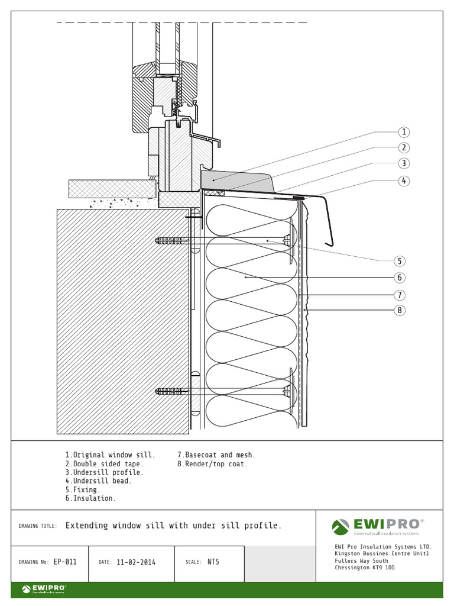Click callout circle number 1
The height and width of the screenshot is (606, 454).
pos(404,132)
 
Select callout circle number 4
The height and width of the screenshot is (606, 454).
pos(404,180)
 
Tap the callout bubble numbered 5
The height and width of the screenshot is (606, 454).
pos(400,261)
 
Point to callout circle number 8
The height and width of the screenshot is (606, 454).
pos(400,310)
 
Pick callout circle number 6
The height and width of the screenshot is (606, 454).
pos(400,278)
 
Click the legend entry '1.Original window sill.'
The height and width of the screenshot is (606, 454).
pos(110,455)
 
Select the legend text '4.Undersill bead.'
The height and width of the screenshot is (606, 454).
pos(98,481)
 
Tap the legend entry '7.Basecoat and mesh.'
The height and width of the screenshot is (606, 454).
pos(216,455)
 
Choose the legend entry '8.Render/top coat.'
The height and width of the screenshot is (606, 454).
pos(212,464)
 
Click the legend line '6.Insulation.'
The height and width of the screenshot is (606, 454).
pos(90,498)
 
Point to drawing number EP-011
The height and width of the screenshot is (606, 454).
pos(65,562)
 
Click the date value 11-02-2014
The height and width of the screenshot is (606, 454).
pos(136,562)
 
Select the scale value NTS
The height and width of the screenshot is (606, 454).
pos(213,562)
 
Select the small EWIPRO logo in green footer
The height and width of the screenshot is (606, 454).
pos(44,589)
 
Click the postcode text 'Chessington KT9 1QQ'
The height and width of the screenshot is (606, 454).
pos(364,568)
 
